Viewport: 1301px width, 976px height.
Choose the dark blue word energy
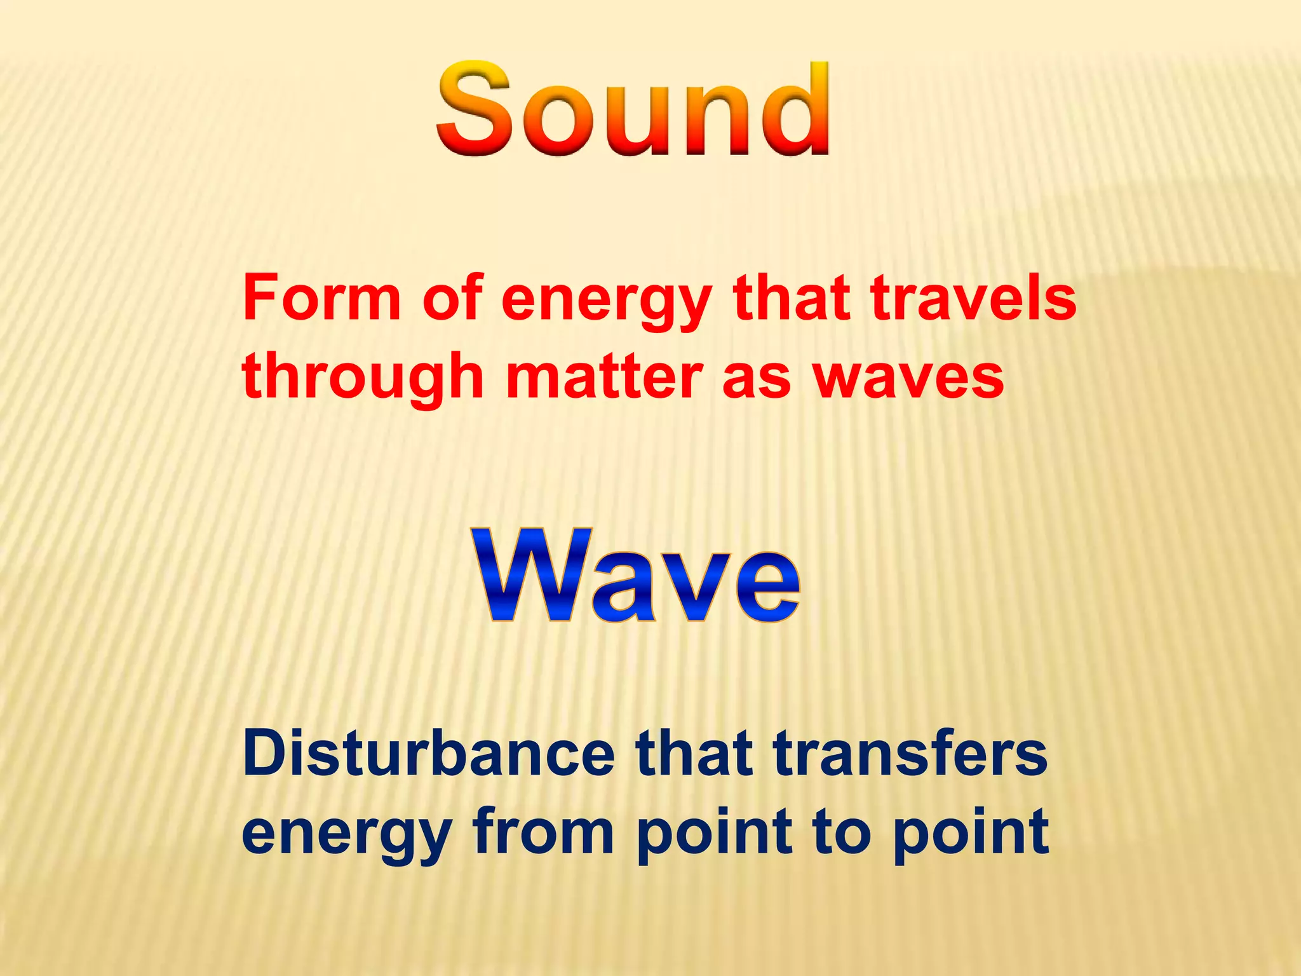(347, 834)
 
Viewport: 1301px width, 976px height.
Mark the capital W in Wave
(532, 575)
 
